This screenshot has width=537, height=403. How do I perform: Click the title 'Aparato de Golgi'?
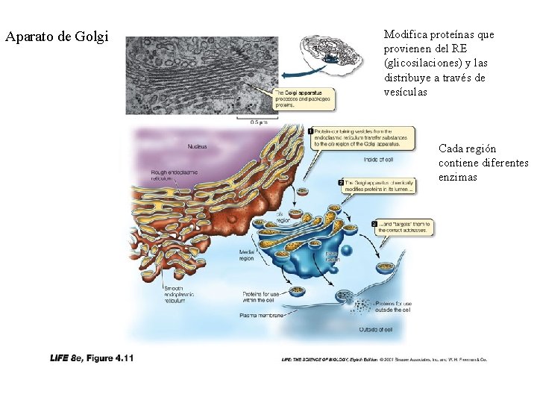pos(57,37)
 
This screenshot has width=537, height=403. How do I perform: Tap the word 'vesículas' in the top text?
pos(406,92)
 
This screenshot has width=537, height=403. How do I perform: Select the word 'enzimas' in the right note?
pos(458,178)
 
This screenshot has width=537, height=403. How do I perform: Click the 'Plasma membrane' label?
pos(261,316)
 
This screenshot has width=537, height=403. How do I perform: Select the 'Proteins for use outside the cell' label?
pos(392,307)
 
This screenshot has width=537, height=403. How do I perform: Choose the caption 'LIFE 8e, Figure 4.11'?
pos(92,358)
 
